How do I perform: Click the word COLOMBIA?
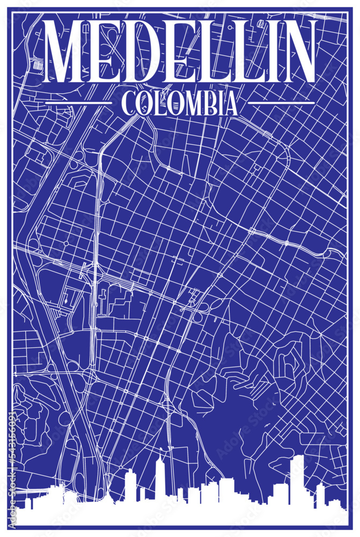(x=180, y=103)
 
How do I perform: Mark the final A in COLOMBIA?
(x=230, y=103)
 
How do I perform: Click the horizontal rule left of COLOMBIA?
(x=77, y=102)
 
